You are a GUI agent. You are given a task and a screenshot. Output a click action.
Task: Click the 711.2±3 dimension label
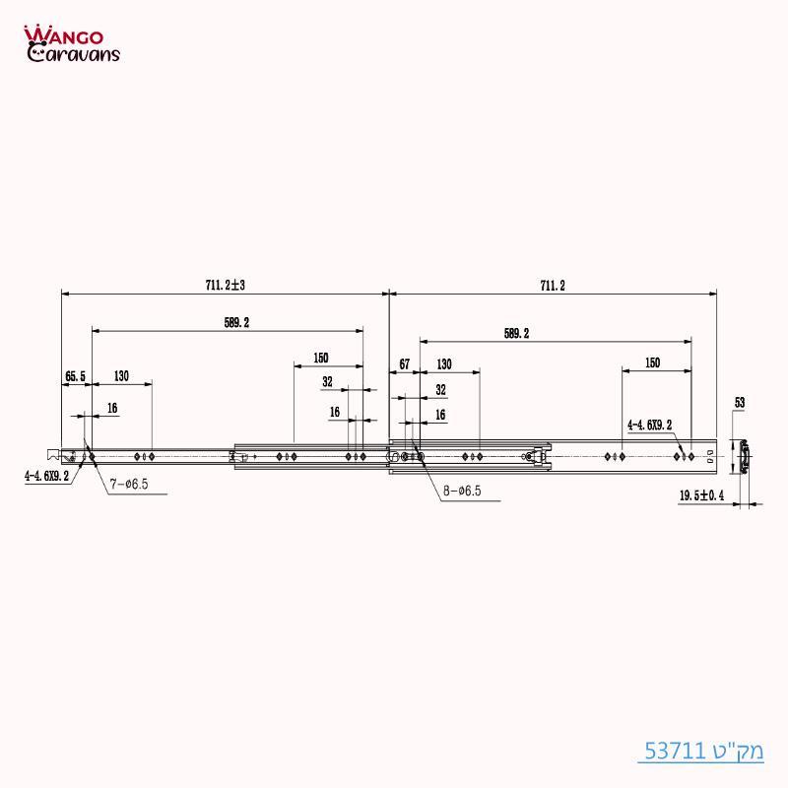tap(226, 285)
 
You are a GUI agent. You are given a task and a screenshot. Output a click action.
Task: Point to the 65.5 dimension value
tap(76, 376)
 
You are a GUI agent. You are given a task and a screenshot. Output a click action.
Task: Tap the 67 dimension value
tap(404, 363)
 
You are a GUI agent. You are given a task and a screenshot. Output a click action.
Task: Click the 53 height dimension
tap(740, 402)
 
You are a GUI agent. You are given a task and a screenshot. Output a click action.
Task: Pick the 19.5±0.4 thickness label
tap(701, 496)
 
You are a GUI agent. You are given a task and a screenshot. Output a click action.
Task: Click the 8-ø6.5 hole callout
tap(461, 490)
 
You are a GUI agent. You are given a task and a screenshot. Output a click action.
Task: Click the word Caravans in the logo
tap(79, 54)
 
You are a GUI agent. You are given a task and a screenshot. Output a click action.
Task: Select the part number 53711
tap(676, 752)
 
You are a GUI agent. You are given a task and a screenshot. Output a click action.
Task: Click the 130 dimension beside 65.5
tap(121, 376)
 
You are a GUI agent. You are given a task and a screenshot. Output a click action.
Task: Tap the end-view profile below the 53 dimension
tap(747, 456)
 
